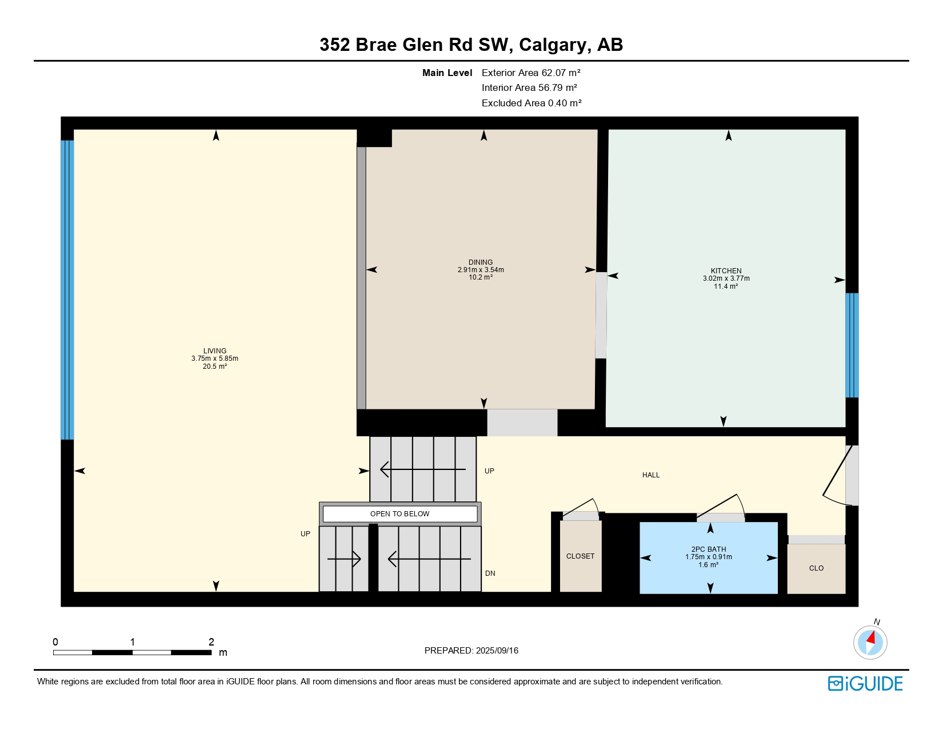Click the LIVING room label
tap(215, 350)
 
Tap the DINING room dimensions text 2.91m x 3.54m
tap(481, 270)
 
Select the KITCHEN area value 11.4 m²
tap(726, 286)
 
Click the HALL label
tap(650, 475)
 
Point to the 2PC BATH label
tap(709, 549)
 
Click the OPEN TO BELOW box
tap(399, 514)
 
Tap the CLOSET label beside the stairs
tap(580, 556)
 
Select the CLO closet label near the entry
tap(816, 568)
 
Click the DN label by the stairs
tap(490, 573)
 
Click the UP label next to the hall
tap(489, 471)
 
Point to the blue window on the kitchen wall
tap(852, 345)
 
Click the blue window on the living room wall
tap(67, 290)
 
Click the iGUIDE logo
tap(865, 684)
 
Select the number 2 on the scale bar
tap(211, 642)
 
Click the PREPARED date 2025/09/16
tap(471, 651)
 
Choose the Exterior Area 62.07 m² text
tap(531, 73)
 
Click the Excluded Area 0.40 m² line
tap(532, 103)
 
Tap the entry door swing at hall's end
tap(836, 475)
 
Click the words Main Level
tap(447, 73)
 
